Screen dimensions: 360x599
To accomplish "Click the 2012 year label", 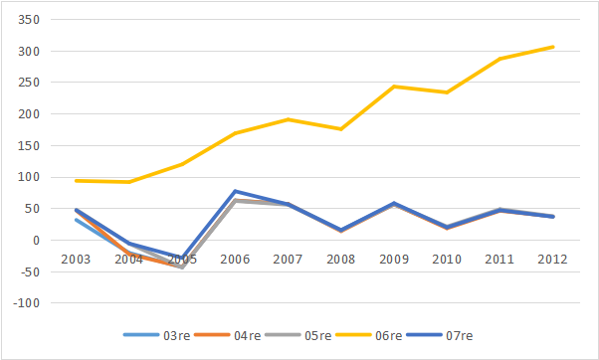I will [x=551, y=260].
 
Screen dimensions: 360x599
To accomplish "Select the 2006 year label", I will [x=235, y=260].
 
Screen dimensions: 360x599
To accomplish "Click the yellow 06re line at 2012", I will [x=553, y=47].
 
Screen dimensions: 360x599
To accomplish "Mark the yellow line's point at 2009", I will [x=394, y=87].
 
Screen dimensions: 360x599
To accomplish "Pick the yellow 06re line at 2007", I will [x=288, y=119].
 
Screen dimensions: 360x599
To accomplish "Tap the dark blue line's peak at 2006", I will [x=235, y=191].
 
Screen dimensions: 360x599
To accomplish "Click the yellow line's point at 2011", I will [x=499, y=59].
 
